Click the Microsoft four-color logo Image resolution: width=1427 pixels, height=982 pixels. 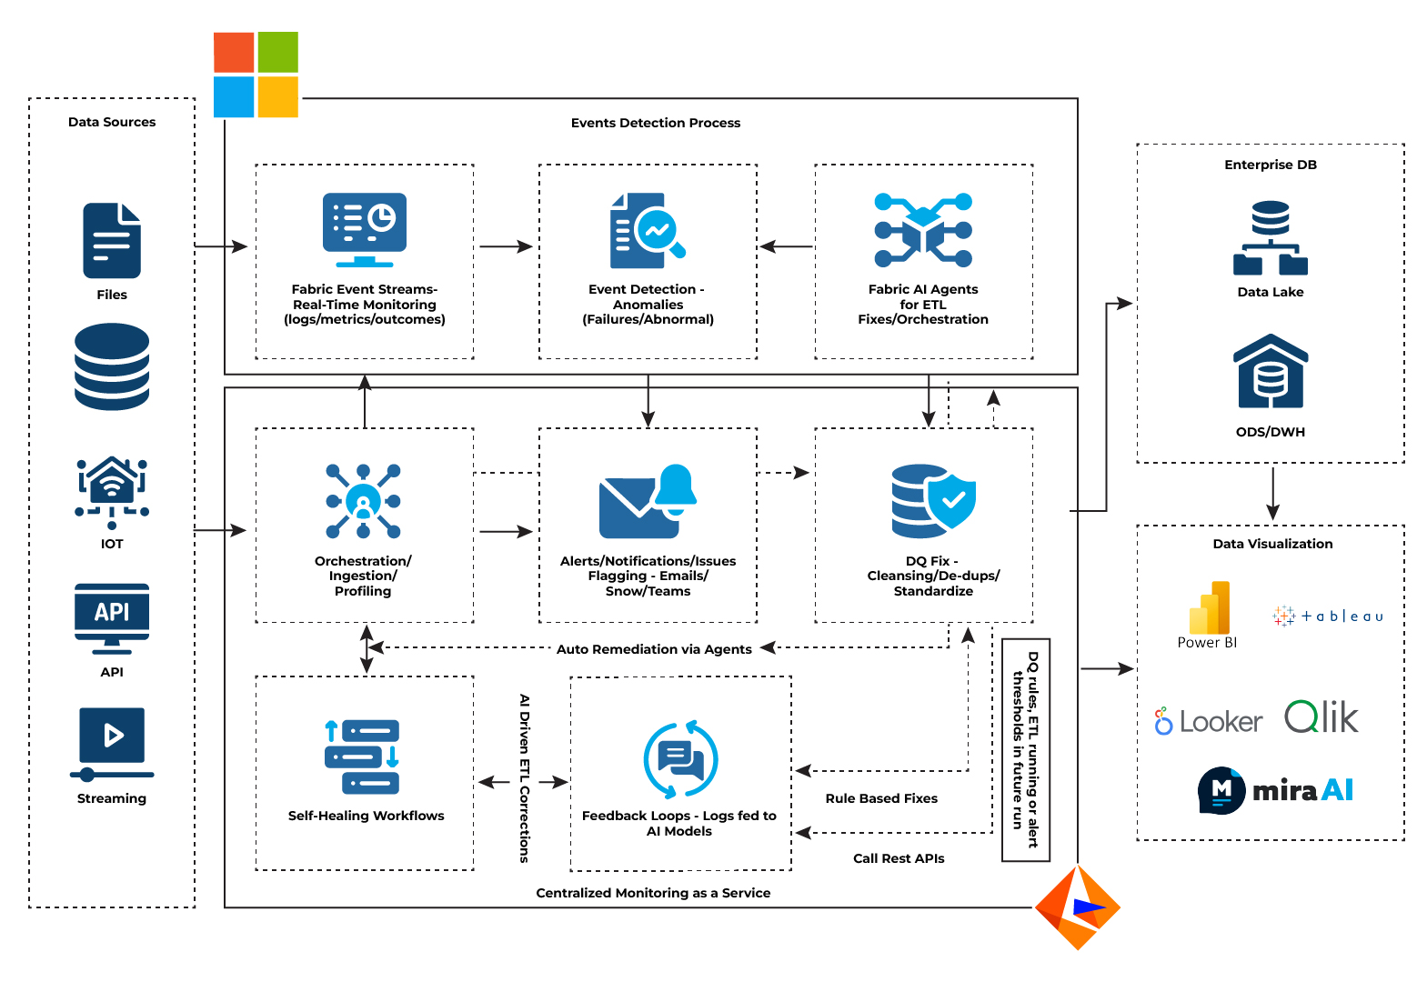click(x=256, y=75)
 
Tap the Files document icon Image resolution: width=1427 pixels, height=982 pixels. click(x=112, y=240)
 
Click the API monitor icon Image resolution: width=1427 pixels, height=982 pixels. click(x=112, y=617)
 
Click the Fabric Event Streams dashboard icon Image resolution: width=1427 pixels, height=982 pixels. click(x=365, y=229)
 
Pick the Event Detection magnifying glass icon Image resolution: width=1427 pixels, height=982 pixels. click(x=647, y=230)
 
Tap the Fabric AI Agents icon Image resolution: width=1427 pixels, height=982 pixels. click(x=923, y=230)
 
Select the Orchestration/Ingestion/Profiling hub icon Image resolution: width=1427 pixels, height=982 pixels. click(x=363, y=501)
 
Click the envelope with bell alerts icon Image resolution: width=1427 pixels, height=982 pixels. click(x=648, y=502)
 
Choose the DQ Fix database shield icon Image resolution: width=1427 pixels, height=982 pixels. click(x=933, y=501)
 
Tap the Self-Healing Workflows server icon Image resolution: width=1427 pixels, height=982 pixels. click(x=362, y=757)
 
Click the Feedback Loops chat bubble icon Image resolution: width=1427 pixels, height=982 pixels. click(x=680, y=760)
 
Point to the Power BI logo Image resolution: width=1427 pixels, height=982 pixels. click(x=1209, y=608)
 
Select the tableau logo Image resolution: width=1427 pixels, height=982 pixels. click(x=1328, y=616)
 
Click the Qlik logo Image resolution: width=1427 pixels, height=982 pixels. click(x=1321, y=718)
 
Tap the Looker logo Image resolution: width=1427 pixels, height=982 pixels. click(x=1209, y=722)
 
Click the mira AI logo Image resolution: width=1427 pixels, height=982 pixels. click(x=1275, y=790)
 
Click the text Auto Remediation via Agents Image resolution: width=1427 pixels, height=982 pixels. click(x=654, y=649)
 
